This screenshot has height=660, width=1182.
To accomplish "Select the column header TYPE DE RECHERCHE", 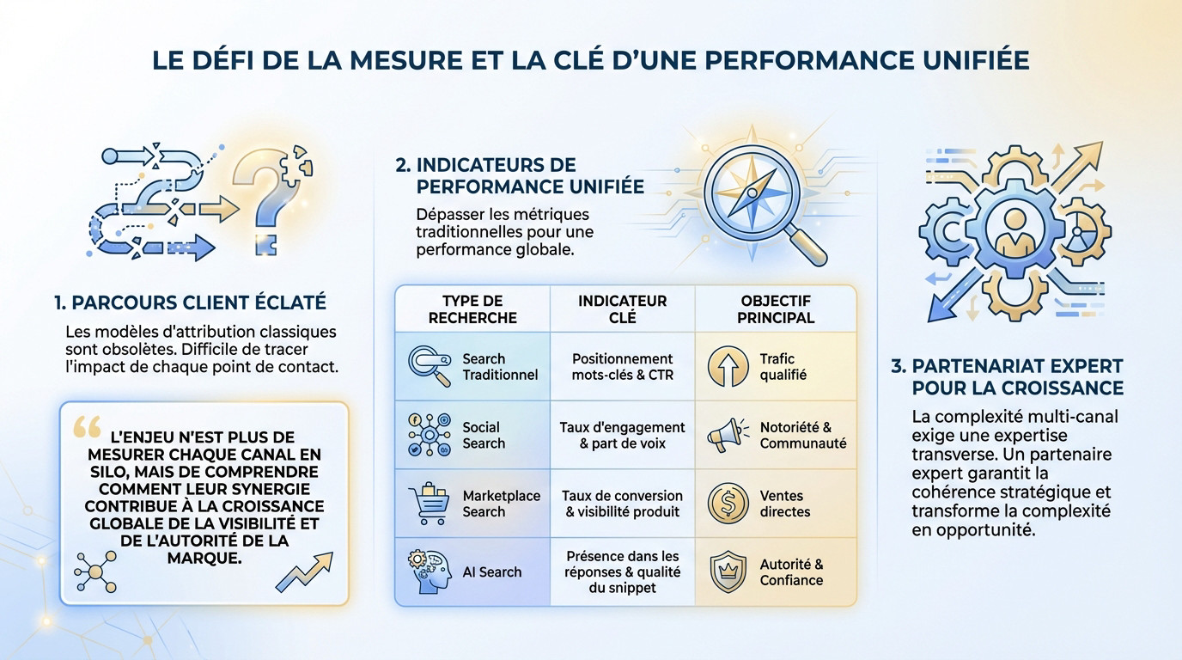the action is click(x=472, y=309).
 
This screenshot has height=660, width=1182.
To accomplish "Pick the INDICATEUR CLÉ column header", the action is click(x=622, y=309).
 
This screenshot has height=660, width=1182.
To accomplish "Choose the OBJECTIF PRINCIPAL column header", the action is click(x=775, y=309).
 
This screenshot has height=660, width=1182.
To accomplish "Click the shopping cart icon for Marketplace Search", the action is click(x=428, y=504).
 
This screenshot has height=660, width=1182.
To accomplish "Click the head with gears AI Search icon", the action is click(x=427, y=572).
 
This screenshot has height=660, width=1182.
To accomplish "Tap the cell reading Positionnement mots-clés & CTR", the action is click(x=622, y=367).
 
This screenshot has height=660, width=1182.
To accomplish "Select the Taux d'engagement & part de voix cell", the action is click(x=622, y=436).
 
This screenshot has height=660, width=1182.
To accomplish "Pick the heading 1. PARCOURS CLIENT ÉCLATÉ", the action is click(x=190, y=302).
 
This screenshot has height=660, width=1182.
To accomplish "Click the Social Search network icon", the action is click(x=428, y=436).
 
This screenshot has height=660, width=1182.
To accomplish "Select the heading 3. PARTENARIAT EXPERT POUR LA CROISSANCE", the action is click(x=1007, y=376).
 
